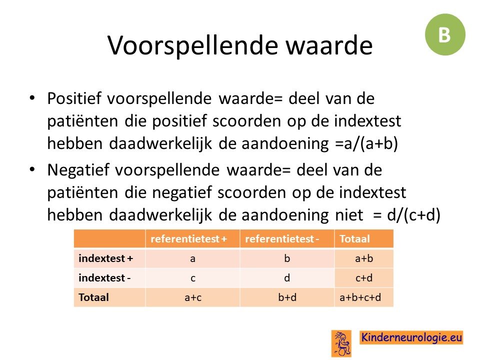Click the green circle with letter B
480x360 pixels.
445,34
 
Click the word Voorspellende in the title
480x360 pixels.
192,45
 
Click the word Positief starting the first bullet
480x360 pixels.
74,98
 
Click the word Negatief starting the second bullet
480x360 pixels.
78,170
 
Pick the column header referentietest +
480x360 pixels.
188,239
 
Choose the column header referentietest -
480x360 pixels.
282,239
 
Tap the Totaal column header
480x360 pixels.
354,239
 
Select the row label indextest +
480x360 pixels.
105,258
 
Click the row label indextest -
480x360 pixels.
104,278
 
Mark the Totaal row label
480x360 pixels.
93,297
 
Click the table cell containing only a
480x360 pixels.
192,258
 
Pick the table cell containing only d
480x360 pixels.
287,278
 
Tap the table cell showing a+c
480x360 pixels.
193,297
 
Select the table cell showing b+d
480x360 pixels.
287,297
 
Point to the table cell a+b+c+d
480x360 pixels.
360,297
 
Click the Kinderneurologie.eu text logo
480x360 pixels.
411,337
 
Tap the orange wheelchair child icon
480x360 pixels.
341,343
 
